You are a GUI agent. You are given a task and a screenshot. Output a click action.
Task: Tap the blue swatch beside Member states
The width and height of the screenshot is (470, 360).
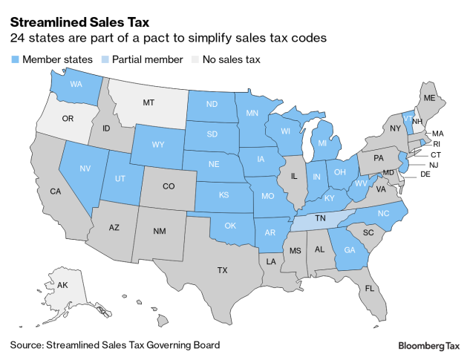(15, 59)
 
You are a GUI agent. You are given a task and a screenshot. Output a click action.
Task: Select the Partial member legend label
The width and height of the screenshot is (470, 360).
(148, 59)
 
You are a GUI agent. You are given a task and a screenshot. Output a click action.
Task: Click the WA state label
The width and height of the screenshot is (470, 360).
(76, 85)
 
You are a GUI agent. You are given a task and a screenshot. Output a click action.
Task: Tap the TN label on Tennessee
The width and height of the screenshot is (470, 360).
(321, 220)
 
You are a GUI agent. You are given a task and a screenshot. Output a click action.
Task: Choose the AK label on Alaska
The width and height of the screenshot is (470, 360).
(42, 284)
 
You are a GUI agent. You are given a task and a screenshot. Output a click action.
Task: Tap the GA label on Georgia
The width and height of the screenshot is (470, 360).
(350, 250)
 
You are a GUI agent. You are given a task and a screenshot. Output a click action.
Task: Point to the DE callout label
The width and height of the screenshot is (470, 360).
(426, 175)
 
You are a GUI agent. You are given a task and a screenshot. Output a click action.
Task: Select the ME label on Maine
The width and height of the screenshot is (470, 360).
(429, 97)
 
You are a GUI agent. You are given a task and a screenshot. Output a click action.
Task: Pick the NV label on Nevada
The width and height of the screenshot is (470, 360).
(84, 168)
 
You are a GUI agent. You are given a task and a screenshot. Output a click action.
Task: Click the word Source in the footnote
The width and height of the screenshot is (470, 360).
(27, 345)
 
